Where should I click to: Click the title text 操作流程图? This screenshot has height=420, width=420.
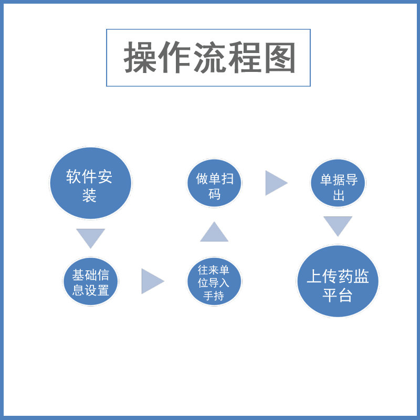(209, 58)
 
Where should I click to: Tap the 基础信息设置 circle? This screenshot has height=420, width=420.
(91, 282)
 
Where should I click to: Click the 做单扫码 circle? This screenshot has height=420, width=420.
(214, 183)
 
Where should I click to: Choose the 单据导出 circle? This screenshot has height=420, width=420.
(338, 184)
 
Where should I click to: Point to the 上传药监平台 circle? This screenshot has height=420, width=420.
(338, 282)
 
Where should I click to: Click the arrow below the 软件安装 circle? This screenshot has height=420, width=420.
(90, 237)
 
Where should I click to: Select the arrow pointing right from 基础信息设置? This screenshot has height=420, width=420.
(152, 281)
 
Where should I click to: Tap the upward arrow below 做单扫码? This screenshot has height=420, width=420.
(214, 233)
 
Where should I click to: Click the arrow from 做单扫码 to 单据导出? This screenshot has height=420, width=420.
(275, 183)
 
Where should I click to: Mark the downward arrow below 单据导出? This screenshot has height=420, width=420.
(338, 225)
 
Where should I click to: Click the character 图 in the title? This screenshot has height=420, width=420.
(280, 58)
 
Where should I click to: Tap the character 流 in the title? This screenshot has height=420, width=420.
(209, 58)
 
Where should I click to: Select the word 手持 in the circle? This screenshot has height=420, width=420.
(214, 296)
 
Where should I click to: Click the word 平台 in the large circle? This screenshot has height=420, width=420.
(338, 295)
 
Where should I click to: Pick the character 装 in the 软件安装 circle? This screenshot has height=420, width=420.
(90, 196)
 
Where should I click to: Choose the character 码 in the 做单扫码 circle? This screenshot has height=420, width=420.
(214, 194)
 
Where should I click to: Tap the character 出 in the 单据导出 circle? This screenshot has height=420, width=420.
(339, 196)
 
